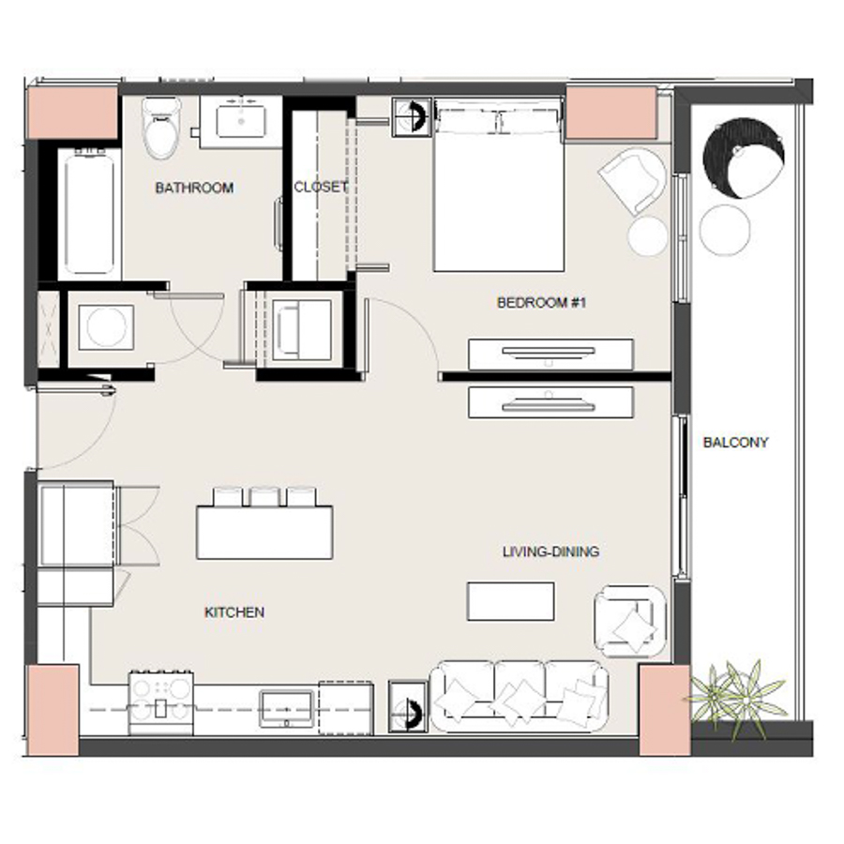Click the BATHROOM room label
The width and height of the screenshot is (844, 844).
(194, 188)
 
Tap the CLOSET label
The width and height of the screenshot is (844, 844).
(321, 187)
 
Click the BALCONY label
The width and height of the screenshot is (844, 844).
(735, 443)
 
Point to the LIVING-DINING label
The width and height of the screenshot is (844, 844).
(550, 551)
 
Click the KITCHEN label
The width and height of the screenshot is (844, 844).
(234, 612)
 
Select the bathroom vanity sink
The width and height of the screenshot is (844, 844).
(242, 120)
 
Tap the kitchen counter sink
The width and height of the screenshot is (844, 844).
(288, 705)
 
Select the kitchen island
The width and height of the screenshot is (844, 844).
(264, 533)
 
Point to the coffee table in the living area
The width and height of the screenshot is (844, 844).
(510, 601)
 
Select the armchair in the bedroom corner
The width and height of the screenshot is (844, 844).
(633, 180)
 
